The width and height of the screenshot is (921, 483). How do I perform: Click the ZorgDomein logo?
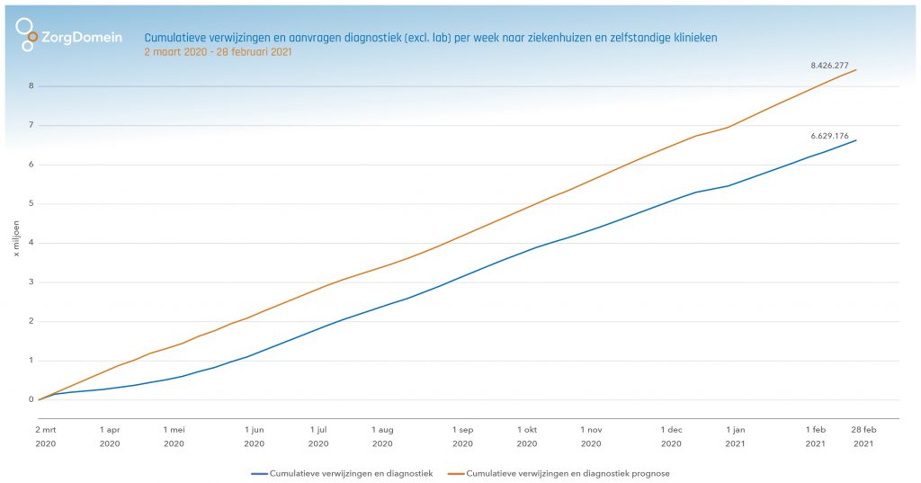[68, 36]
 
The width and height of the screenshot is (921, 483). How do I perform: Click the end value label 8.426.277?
[829, 66]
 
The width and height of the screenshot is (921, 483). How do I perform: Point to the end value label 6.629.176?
[829, 136]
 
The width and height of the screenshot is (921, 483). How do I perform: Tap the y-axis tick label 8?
[31, 86]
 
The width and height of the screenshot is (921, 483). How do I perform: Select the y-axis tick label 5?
[31, 204]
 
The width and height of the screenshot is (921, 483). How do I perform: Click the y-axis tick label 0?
[31, 400]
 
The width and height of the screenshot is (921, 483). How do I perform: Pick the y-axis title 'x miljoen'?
[15, 243]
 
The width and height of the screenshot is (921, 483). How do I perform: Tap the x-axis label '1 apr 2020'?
[110, 436]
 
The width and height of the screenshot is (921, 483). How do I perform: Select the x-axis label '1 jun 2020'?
[254, 436]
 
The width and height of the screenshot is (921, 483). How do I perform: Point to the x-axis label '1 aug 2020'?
[382, 436]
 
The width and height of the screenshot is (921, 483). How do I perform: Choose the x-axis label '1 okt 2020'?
[527, 436]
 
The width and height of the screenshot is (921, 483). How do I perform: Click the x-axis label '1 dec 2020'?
[671, 436]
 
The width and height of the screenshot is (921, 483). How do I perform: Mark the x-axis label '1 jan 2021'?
[736, 436]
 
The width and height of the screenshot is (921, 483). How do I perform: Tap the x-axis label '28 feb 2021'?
[863, 436]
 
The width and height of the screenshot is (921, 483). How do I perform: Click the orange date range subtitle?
[218, 52]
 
